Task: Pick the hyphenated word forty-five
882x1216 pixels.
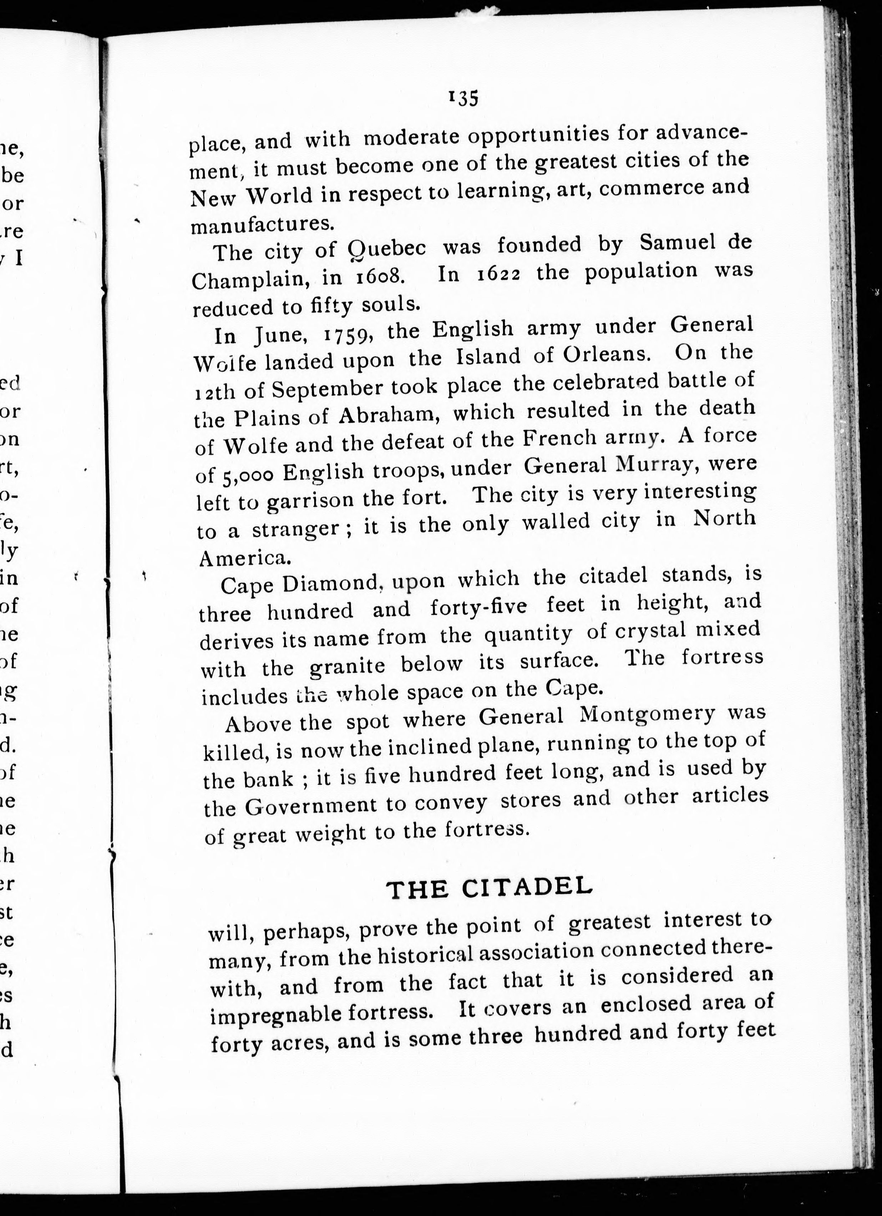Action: coord(478,607)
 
